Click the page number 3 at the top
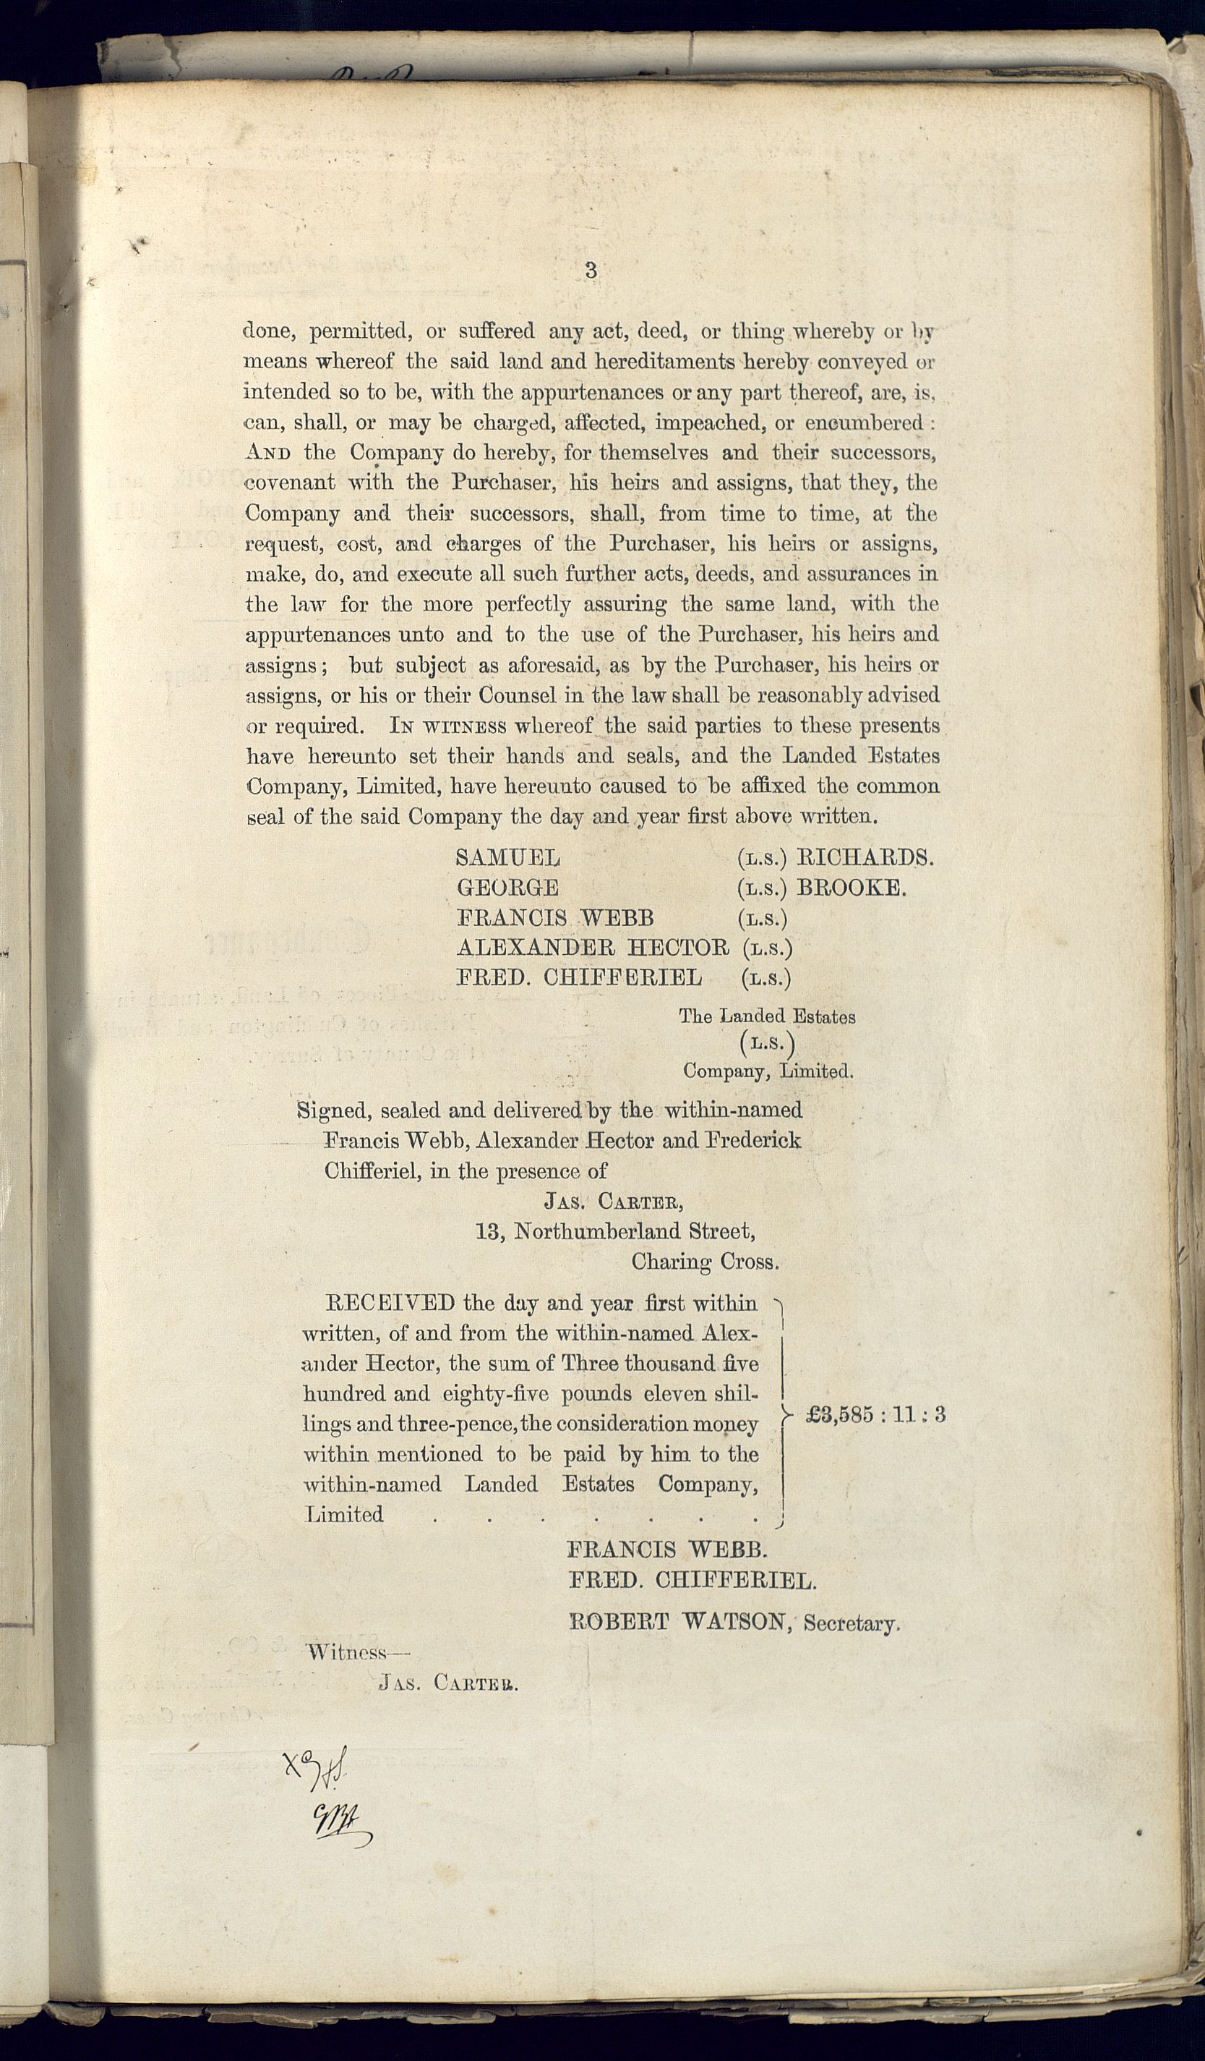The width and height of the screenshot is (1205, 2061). [591, 271]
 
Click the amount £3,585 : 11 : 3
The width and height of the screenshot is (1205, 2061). [875, 1415]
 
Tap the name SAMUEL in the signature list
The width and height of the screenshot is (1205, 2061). [507, 858]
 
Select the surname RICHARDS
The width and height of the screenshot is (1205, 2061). [865, 857]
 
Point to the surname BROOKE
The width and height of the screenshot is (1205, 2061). [851, 888]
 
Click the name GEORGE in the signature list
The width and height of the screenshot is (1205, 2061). [507, 888]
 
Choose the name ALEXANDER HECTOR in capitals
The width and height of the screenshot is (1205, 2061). [593, 948]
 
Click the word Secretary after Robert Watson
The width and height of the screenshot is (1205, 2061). [851, 1623]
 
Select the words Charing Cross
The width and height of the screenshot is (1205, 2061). [705, 1262]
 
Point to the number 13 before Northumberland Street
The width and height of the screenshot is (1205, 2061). [488, 1232]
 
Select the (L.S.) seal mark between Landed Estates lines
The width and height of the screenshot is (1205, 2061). [767, 1044]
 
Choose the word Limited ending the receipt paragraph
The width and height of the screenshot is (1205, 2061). [344, 1515]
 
